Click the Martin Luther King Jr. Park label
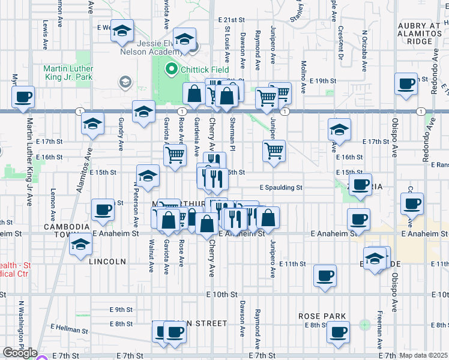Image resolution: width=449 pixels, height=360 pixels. (68, 73)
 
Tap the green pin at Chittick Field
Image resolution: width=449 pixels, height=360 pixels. (171, 69)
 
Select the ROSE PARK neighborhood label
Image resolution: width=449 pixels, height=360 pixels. (322, 316)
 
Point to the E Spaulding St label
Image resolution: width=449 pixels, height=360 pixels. (280, 187)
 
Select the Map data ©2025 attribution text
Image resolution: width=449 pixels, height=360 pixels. (423, 355)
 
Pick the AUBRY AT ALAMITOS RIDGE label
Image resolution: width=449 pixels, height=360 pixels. (423, 34)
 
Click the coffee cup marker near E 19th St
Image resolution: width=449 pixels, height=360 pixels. (406, 83)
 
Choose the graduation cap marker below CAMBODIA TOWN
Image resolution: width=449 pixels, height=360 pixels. (80, 244)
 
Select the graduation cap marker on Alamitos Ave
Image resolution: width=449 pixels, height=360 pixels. (93, 124)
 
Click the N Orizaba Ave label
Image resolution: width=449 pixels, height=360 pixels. (364, 49)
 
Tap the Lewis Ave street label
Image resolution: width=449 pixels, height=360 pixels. (45, 36)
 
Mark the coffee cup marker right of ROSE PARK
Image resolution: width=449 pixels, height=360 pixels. (337, 331)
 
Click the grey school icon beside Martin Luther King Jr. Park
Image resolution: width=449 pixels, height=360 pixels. (125, 81)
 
